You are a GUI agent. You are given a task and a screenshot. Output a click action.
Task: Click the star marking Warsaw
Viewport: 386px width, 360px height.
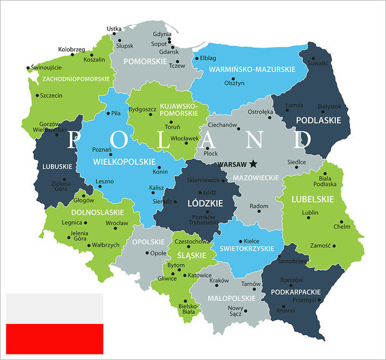point(255,164)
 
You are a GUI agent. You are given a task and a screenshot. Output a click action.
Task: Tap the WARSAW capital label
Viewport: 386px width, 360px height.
point(234,165)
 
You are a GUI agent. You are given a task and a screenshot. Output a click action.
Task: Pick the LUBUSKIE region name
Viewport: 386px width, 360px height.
point(58,166)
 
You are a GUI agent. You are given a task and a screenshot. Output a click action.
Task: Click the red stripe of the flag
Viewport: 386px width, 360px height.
point(55,339)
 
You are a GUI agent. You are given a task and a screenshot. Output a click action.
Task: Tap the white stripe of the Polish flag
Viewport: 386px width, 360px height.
point(55,309)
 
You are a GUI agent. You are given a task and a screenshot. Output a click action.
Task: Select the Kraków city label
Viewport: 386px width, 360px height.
point(219,280)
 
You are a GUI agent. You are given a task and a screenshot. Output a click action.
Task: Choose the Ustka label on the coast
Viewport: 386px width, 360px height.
point(114,28)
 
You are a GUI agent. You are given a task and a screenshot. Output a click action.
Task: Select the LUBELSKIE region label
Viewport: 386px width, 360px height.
point(313,199)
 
